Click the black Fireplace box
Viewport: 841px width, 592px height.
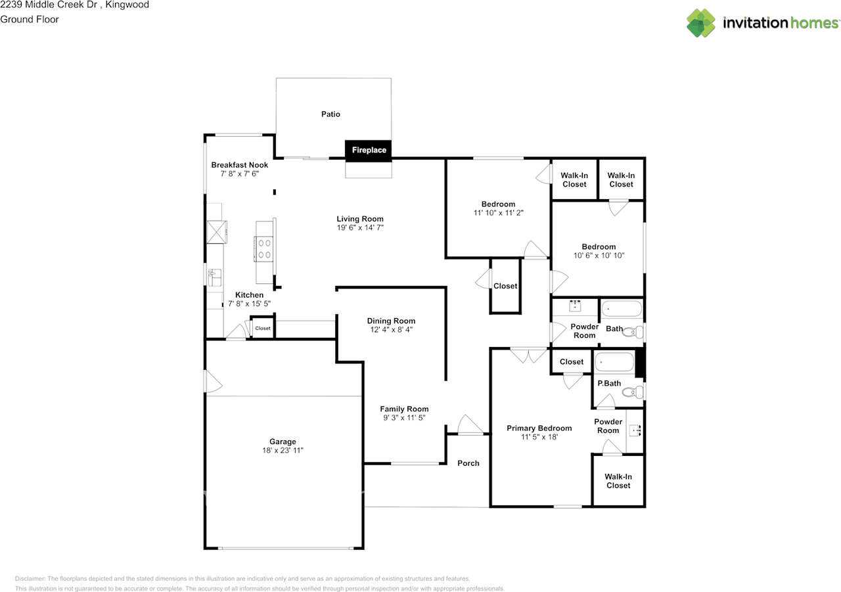[369, 150]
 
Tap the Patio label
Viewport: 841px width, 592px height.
[330, 114]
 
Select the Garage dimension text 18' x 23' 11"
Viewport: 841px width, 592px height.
[283, 451]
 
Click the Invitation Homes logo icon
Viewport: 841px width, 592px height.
[701, 23]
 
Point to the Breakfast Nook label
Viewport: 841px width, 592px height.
[239, 165]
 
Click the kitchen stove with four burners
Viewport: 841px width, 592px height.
[265, 248]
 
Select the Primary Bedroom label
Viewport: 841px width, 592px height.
[539, 428]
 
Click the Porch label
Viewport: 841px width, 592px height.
[468, 463]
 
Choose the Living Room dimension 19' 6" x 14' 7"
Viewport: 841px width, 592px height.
[360, 228]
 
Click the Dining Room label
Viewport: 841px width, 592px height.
[391, 321]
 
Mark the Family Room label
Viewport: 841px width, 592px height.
[403, 409]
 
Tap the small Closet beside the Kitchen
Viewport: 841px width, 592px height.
[263, 328]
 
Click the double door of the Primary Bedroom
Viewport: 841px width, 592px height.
[528, 355]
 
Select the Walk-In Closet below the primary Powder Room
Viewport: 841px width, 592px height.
[618, 481]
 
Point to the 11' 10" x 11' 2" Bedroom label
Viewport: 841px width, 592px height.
[498, 204]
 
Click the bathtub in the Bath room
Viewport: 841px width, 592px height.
[622, 309]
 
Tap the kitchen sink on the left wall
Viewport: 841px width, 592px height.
[214, 277]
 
